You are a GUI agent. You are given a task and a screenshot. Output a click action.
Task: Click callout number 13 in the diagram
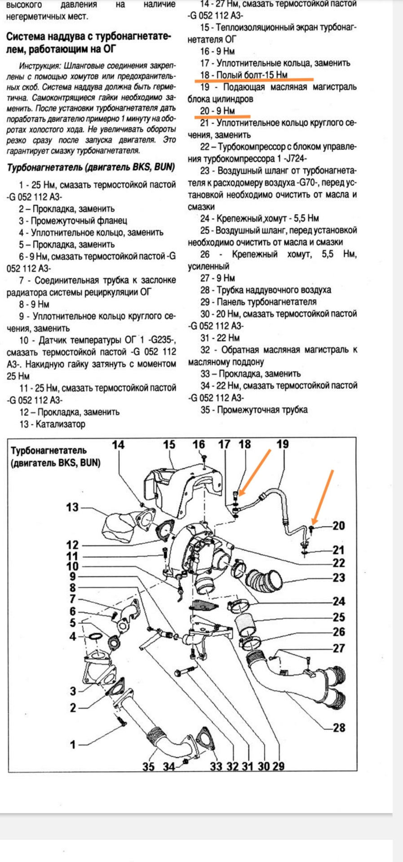click(x=72, y=507)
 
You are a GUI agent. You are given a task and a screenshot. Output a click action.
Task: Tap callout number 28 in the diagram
click(x=339, y=727)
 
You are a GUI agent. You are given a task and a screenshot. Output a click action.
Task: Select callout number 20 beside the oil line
click(x=339, y=525)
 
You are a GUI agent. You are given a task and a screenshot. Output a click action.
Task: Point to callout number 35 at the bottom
click(x=149, y=766)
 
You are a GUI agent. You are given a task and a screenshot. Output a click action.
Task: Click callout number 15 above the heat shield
click(x=169, y=445)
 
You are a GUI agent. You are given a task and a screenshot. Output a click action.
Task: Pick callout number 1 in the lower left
click(x=73, y=744)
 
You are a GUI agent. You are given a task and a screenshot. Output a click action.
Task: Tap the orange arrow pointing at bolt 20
click(x=323, y=496)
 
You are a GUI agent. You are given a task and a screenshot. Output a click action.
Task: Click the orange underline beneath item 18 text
click(x=254, y=80)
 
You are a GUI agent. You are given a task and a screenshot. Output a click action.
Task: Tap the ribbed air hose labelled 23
click(x=265, y=580)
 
